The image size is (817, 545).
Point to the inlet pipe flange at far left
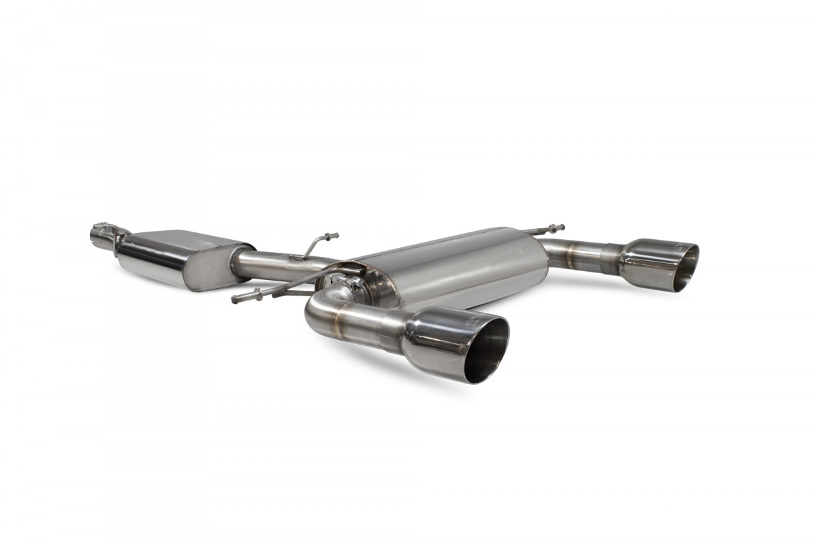point(102,235)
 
